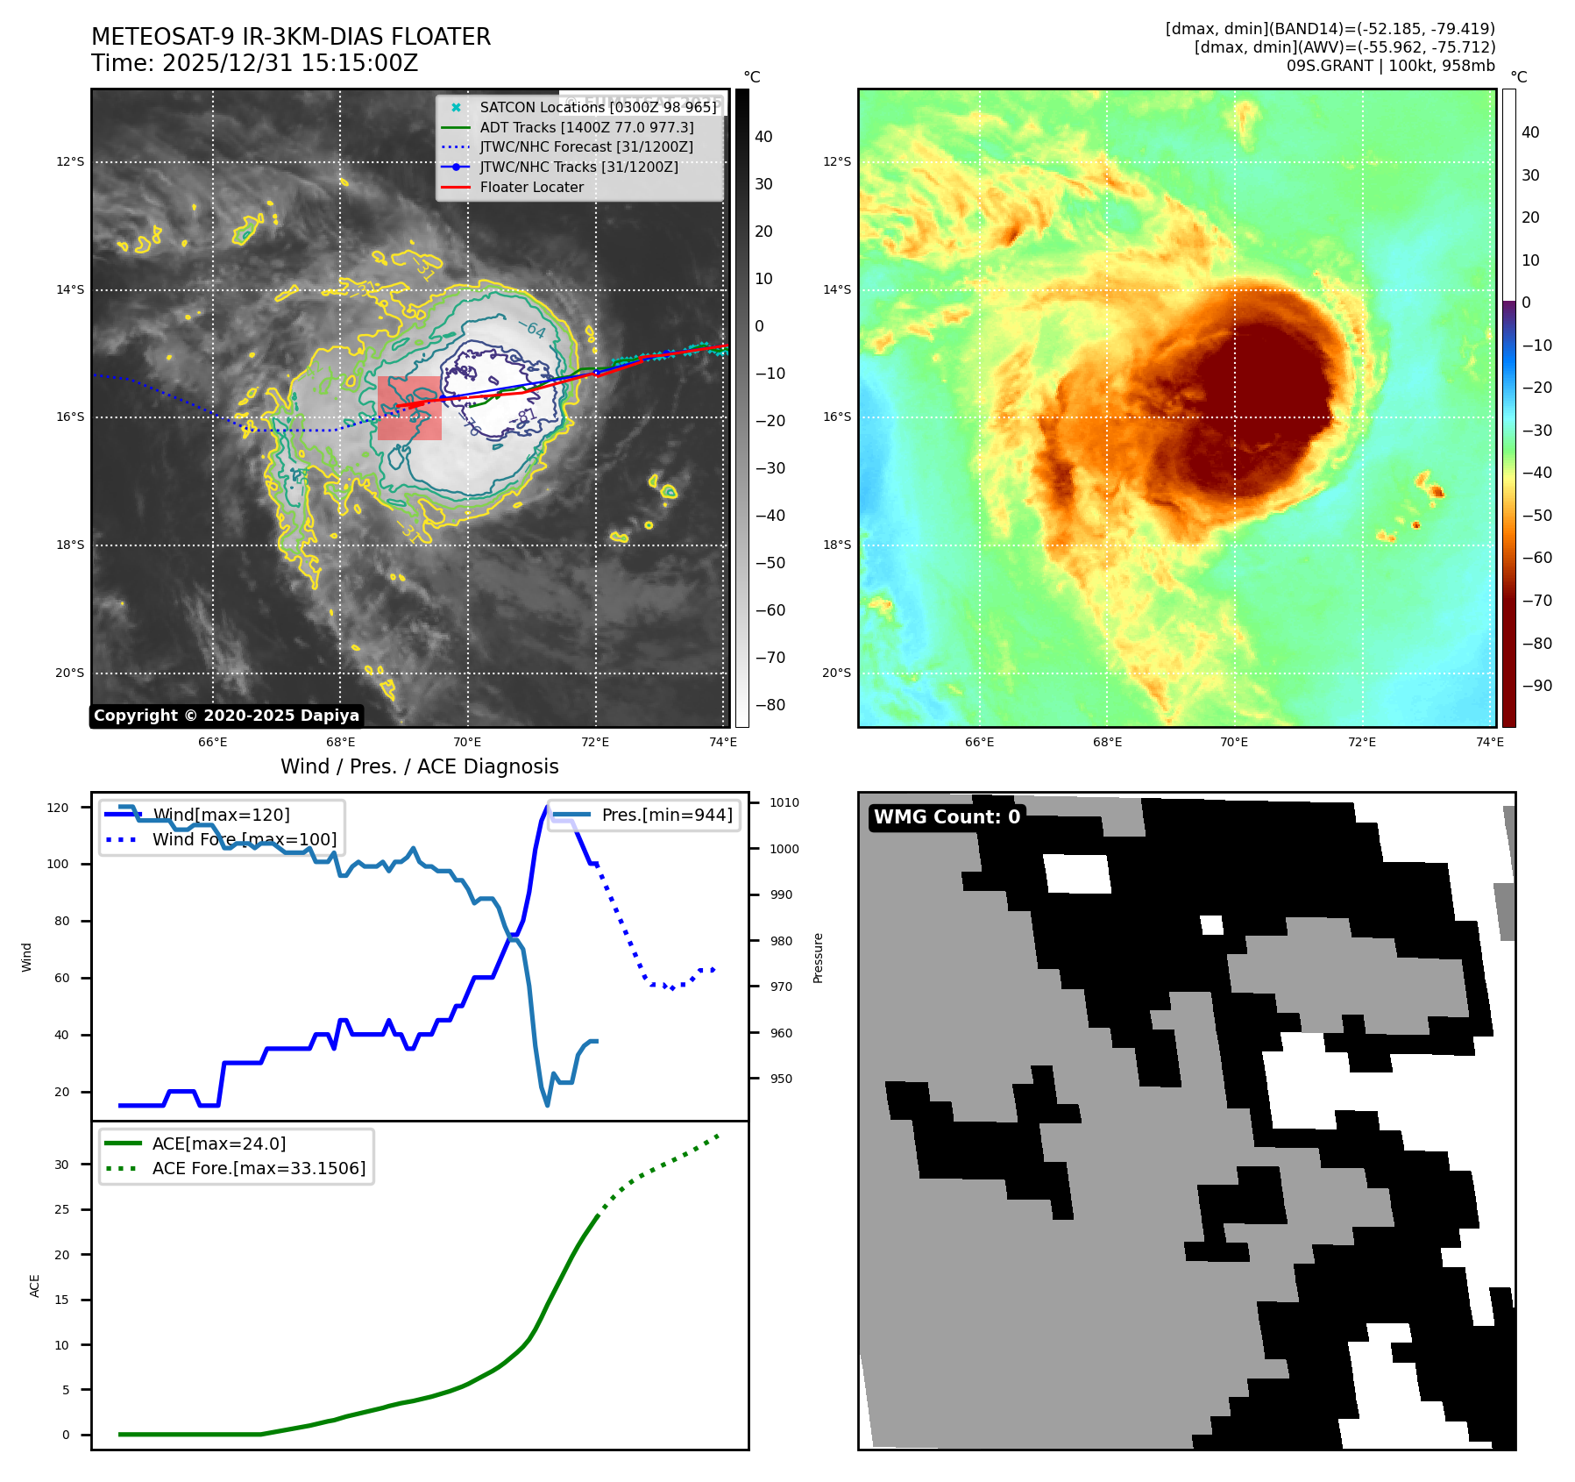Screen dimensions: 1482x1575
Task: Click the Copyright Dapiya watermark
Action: coord(226,716)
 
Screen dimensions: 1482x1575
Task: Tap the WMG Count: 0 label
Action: coord(947,817)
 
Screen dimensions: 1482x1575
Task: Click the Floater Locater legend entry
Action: coord(531,187)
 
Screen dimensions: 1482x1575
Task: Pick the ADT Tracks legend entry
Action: coord(586,127)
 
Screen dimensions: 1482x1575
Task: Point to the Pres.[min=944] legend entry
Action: coord(666,815)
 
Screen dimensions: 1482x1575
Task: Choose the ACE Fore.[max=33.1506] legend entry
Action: coord(259,1168)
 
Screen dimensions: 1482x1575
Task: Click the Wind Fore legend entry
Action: coord(244,839)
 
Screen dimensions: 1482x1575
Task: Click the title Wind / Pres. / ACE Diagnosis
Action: coord(419,766)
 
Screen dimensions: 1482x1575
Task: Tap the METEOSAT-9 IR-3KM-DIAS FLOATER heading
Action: coord(291,37)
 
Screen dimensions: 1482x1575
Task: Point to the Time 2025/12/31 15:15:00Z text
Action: coord(254,63)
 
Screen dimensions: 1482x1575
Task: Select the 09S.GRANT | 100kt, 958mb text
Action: coord(1390,66)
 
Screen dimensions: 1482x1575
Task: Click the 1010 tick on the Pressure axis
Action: coord(784,802)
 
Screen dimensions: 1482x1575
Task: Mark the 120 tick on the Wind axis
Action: coord(58,808)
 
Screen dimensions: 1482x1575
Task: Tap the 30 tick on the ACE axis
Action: coord(61,1165)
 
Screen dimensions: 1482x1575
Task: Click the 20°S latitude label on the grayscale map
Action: coord(70,673)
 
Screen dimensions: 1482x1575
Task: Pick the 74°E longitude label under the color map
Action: coord(1489,742)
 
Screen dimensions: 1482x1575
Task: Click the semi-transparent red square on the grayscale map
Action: coord(409,408)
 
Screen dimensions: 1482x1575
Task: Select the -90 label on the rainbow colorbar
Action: coord(1536,686)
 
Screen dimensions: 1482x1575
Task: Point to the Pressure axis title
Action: coord(818,958)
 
